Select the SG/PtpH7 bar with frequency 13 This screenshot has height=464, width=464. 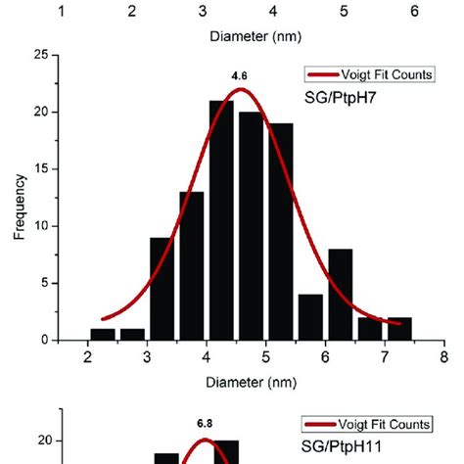[192, 265]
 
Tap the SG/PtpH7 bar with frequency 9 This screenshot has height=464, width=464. [162, 288]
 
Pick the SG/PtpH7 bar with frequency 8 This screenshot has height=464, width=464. [340, 295]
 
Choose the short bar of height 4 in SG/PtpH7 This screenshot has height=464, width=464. [310, 317]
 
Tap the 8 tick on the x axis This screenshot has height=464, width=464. [443, 356]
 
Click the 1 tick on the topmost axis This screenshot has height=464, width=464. [62, 12]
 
